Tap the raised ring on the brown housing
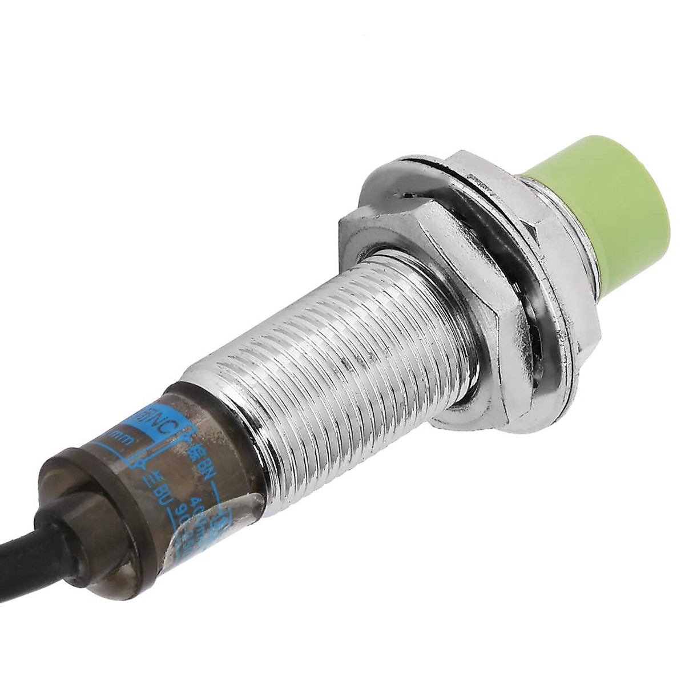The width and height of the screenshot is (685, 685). click(86, 491)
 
